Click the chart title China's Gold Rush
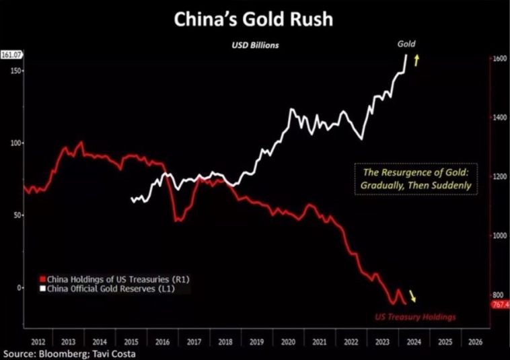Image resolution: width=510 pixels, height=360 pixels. (253, 19)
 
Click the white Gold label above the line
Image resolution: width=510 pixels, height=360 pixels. (406, 44)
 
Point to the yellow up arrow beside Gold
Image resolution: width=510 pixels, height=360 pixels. (416, 61)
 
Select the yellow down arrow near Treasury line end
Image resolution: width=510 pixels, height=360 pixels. (413, 297)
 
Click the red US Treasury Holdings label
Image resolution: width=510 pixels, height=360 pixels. (414, 316)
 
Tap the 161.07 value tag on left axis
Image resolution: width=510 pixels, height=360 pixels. (11, 55)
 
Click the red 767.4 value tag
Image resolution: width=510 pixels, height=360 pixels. (499, 305)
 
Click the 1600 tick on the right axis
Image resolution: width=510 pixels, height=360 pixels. (498, 59)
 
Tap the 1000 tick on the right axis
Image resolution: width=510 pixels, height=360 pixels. (498, 236)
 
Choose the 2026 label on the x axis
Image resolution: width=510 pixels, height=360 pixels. (474, 341)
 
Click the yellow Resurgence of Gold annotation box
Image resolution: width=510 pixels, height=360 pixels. (414, 179)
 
